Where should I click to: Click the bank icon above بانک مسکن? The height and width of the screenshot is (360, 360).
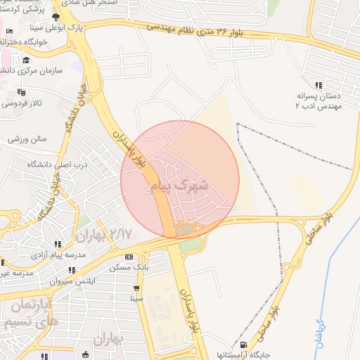click(x=128, y=257)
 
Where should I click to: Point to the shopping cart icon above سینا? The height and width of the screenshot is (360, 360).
click(x=136, y=288)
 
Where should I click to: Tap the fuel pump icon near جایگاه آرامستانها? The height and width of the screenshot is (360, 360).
click(x=243, y=345)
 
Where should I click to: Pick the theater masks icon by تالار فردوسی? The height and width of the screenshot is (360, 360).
click(x=21, y=91)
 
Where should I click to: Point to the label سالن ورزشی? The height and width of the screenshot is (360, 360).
click(x=27, y=139)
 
